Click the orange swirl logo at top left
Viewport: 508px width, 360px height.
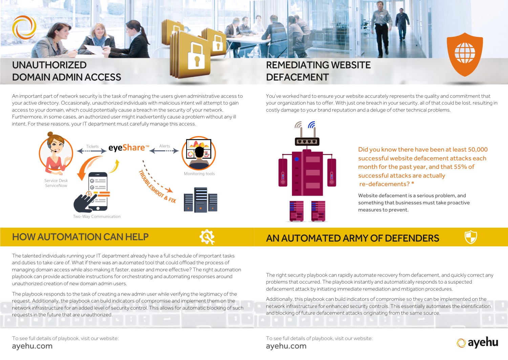click(24, 27)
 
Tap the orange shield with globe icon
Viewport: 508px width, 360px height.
click(465, 54)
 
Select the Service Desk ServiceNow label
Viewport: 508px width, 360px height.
click(56, 183)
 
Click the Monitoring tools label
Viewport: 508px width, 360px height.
click(199, 174)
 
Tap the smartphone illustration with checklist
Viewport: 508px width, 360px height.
click(98, 191)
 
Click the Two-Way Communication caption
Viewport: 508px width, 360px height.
click(97, 217)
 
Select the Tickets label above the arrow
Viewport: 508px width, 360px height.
click(92, 147)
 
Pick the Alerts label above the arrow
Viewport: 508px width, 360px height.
click(165, 146)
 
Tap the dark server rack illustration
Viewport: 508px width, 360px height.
click(200, 200)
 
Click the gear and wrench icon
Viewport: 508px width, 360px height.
click(207, 237)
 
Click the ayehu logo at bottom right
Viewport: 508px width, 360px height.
click(478, 343)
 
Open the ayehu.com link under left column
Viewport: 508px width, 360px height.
click(32, 346)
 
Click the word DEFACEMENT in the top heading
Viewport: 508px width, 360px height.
click(297, 77)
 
